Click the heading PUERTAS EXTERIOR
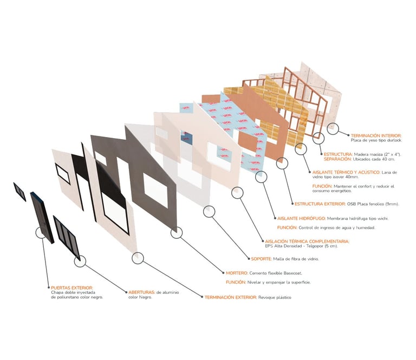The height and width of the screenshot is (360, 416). pos(72,287)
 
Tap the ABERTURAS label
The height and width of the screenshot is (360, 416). pos(142,292)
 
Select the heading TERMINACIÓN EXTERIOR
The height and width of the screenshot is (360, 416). pos(231,297)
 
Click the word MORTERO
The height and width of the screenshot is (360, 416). pos(237,273)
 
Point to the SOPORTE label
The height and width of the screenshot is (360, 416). pos(261,259)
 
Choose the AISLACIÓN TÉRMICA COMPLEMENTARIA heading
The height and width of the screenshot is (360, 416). pos(307,241)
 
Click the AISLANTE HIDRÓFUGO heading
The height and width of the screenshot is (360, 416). pos(301,219)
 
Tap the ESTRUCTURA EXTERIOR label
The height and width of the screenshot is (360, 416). pos(320,204)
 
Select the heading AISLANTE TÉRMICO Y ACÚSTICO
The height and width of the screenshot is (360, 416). pos(346,172)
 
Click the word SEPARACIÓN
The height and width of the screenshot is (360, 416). pos(337,159)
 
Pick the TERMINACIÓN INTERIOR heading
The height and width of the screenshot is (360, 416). pos(376,136)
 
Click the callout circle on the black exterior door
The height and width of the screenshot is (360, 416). pos(41,233)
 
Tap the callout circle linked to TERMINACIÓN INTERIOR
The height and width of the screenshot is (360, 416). pos(333,129)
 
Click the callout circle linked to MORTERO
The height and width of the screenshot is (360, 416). pos(177,233)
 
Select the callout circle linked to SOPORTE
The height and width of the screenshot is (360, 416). pos(209,212)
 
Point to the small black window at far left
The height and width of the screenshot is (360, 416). pos(19,192)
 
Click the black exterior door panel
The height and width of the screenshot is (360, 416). pos(42,218)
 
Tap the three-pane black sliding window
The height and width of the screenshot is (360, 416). pos(66,238)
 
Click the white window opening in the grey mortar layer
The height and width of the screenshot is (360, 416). pos(156,190)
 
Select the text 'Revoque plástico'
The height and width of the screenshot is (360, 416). pos(275,297)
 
